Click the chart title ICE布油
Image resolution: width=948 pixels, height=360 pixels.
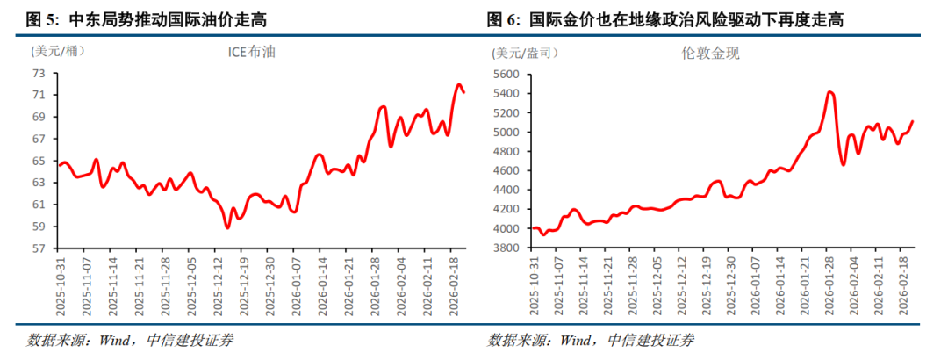(252, 53)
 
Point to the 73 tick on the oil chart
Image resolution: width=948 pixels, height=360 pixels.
(39, 73)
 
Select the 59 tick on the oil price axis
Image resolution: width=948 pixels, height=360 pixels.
(39, 227)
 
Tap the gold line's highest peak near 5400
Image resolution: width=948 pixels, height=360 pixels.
(830, 92)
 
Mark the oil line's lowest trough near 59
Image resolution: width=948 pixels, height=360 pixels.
(227, 227)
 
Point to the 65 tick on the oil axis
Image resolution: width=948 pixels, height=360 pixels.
(39, 161)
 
